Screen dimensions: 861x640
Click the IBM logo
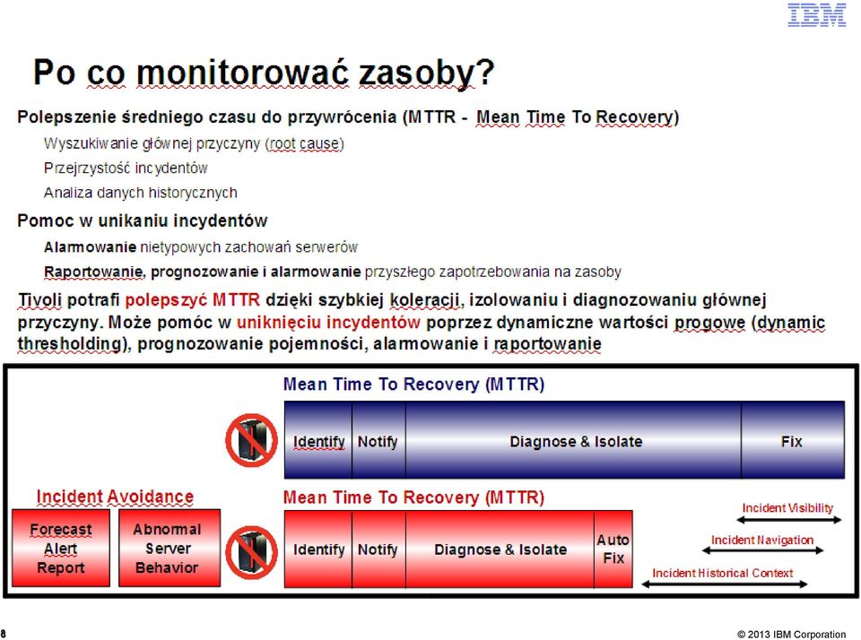pos(816,15)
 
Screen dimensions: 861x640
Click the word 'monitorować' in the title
pos(242,72)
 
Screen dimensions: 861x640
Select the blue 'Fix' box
pos(792,440)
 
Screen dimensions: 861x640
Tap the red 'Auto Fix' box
pos(613,549)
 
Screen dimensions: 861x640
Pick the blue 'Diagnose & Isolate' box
pos(573,440)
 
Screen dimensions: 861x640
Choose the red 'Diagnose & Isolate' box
pos(500,549)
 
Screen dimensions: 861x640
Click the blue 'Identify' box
pos(317,440)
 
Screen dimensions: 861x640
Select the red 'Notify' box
pos(378,549)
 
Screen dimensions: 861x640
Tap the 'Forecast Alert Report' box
pos(61,548)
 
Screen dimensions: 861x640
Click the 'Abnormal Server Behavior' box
pos(170,548)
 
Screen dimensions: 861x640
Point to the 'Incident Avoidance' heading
pos(115,497)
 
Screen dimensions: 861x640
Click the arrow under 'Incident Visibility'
pos(788,521)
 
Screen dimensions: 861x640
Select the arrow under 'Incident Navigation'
pos(762,550)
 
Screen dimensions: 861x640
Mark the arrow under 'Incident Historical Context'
pos(724,584)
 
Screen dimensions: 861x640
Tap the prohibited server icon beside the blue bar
pos(251,440)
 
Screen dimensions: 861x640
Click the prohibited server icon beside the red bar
pos(251,552)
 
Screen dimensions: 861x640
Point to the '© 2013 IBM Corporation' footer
pos(791,634)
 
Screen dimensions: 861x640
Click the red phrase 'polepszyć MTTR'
pos(192,299)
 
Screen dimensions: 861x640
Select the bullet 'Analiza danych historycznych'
pos(141,193)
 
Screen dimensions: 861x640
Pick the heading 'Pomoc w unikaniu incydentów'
pos(143,221)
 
